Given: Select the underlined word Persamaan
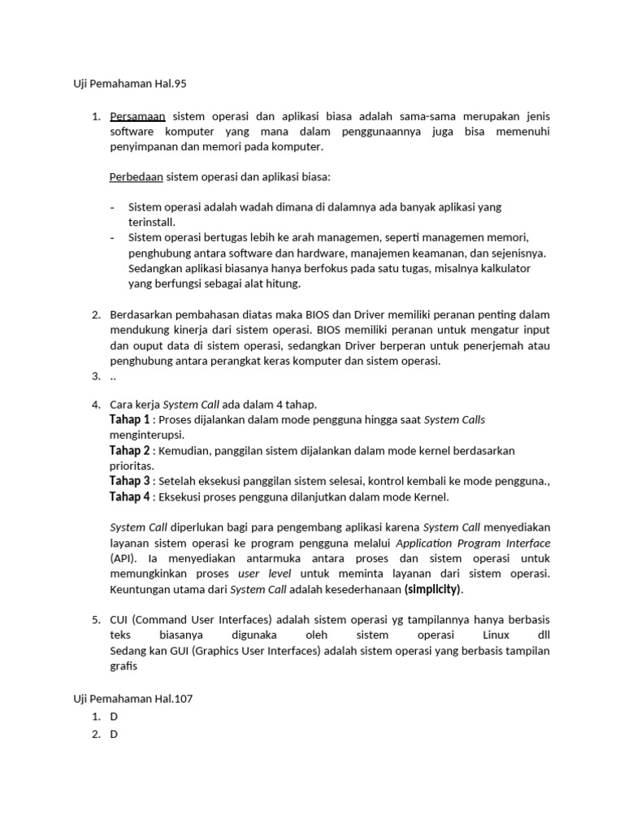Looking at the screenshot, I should pyautogui.click(x=137, y=116).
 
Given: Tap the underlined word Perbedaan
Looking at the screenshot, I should pyautogui.click(x=136, y=176).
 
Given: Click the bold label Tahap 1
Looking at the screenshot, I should pyautogui.click(x=130, y=420).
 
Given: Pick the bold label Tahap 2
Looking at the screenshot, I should pyautogui.click(x=130, y=451).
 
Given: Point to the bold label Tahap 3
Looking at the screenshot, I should pyautogui.click(x=130, y=482).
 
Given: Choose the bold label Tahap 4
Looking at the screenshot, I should pyautogui.click(x=130, y=497).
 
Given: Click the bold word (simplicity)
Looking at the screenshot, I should pyautogui.click(x=433, y=589).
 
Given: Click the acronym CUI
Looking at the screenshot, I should pyautogui.click(x=120, y=620).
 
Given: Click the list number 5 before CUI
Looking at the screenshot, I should pyautogui.click(x=95, y=620).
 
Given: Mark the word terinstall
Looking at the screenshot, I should pyautogui.click(x=151, y=222).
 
